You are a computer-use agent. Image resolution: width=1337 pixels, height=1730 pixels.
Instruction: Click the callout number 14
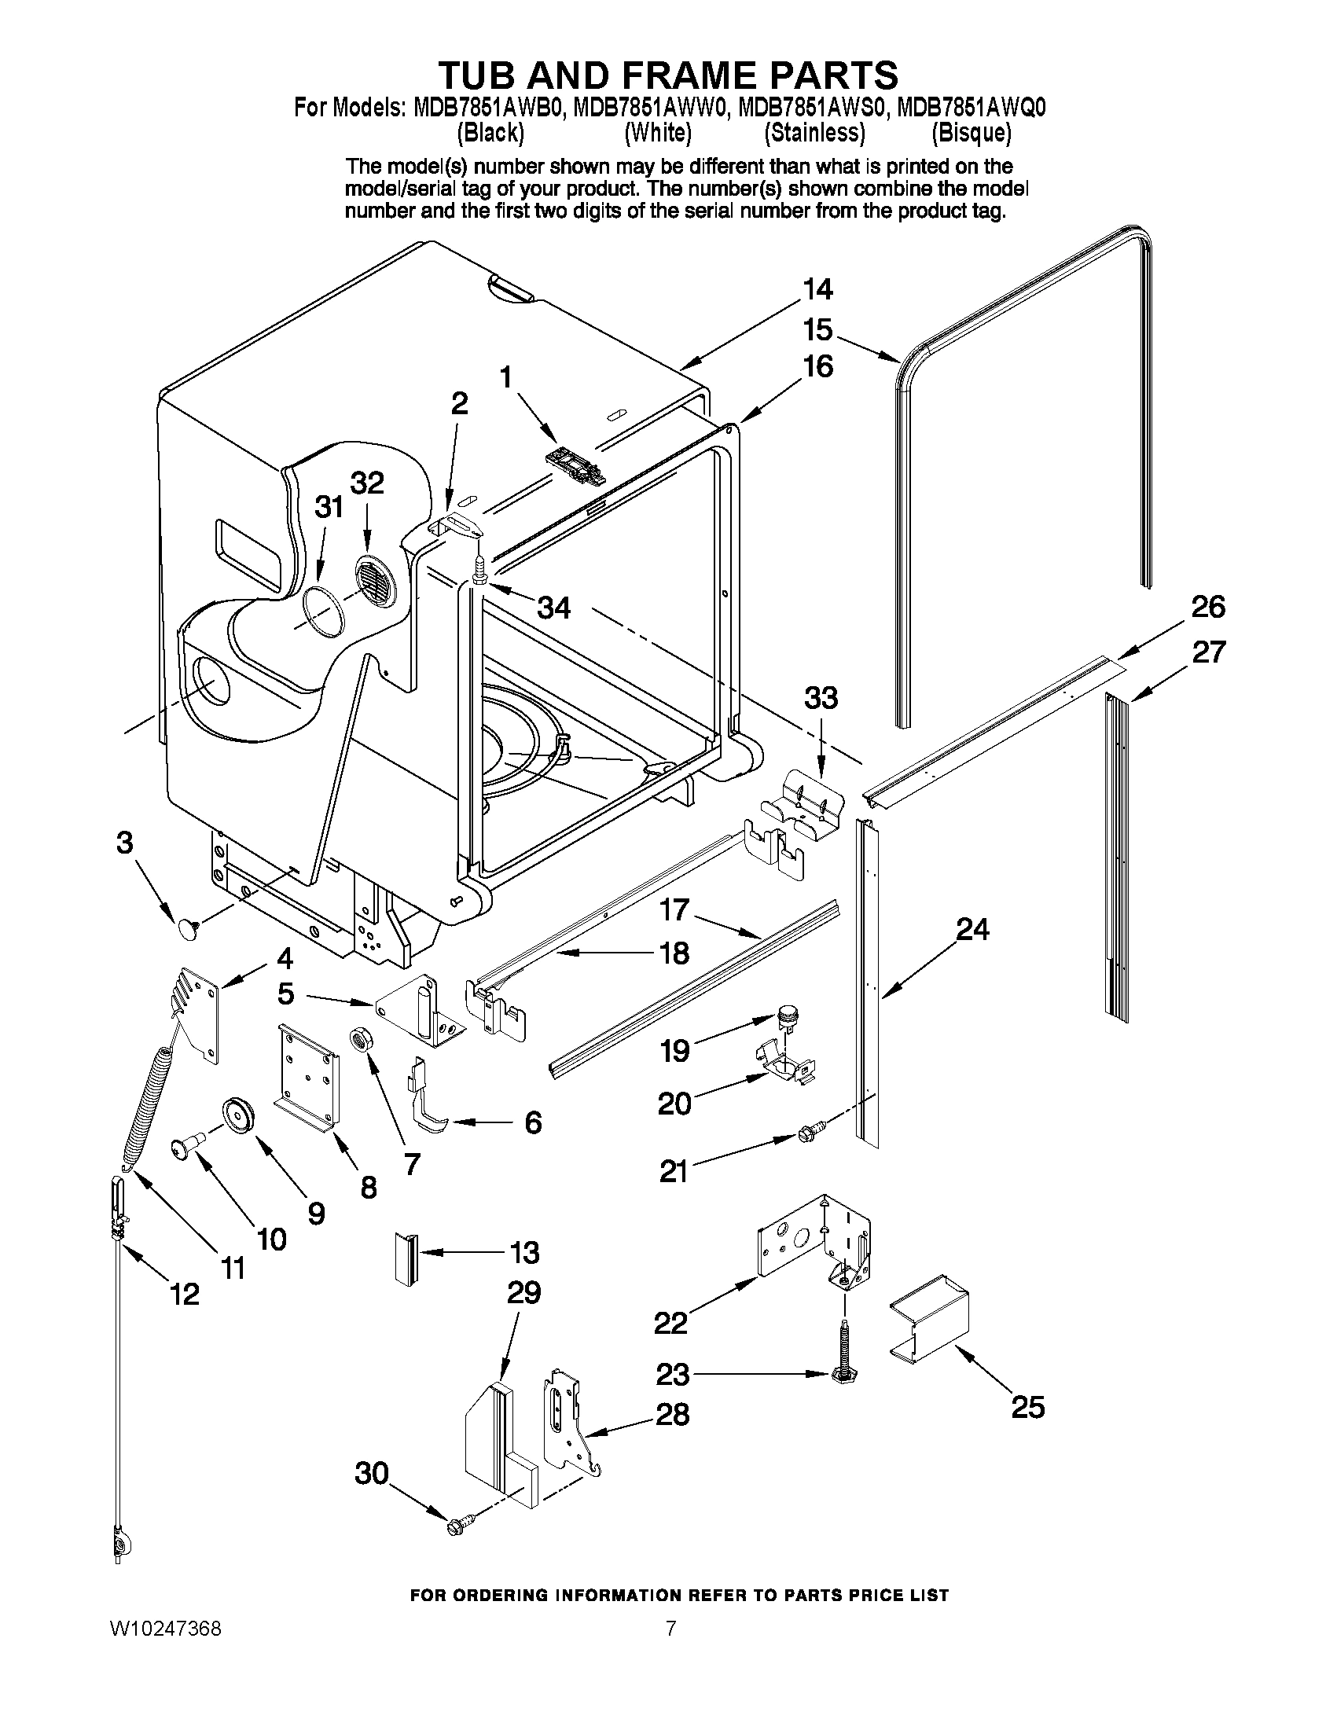pos(817,289)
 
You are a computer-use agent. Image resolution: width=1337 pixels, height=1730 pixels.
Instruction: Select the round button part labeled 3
pos(188,929)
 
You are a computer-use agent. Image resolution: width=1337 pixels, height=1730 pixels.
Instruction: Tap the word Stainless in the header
pos(814,133)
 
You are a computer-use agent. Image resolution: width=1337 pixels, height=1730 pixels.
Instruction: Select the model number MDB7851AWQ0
pos(971,108)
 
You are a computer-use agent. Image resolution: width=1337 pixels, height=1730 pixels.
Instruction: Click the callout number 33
pos(821,698)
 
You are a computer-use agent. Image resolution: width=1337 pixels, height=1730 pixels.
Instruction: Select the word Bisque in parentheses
pos(971,133)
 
